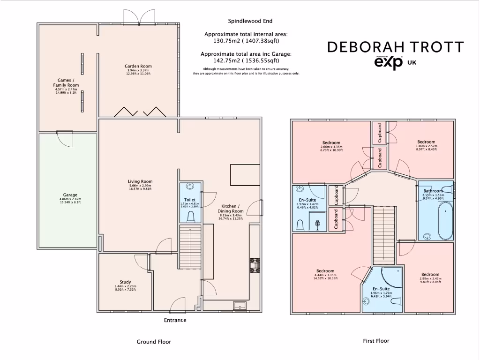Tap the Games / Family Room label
[66, 83]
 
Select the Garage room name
[70, 195]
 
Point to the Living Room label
[140, 181]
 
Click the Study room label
[125, 282]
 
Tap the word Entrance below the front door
[175, 320]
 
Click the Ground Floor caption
[154, 342]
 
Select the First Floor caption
[376, 341]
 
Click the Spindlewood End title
[250, 21]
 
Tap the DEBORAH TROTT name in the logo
[395, 47]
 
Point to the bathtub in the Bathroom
[445, 221]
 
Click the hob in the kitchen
[255, 265]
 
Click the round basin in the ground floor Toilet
[190, 187]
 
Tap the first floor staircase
[384, 235]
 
